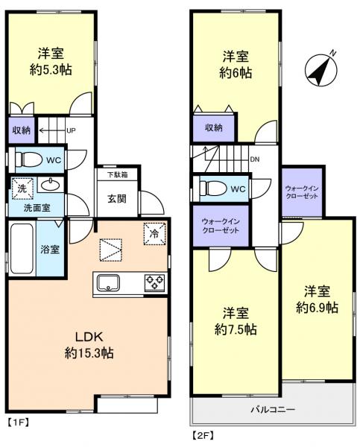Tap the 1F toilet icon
click(x=30, y=159)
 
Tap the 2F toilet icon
click(x=212, y=188)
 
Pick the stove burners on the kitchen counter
click(x=154, y=282)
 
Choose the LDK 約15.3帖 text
click(x=89, y=343)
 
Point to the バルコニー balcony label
click(x=271, y=409)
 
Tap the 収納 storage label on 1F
click(x=21, y=130)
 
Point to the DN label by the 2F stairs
click(x=255, y=159)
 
